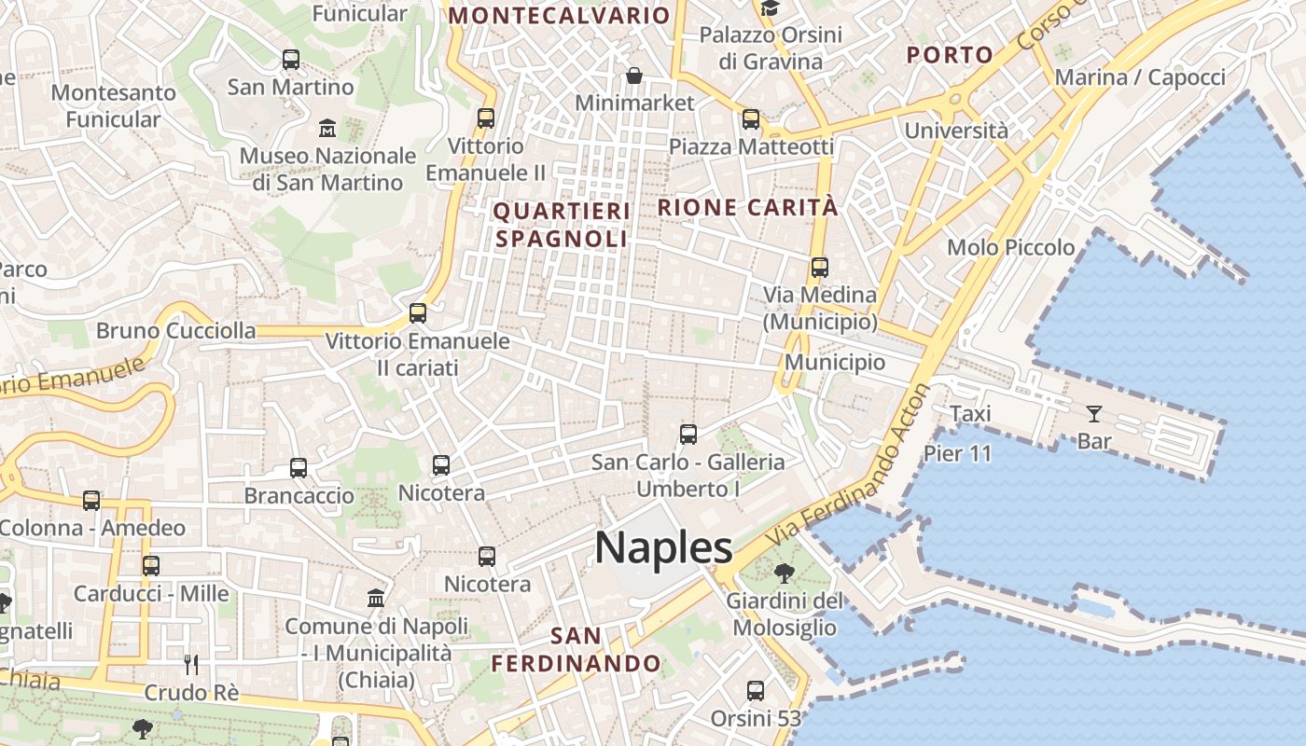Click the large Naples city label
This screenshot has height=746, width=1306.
pyautogui.click(x=663, y=547)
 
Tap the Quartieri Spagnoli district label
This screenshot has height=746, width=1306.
pyautogui.click(x=562, y=225)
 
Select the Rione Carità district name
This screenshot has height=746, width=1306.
pyautogui.click(x=748, y=207)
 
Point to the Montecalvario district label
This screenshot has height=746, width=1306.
pyautogui.click(x=560, y=16)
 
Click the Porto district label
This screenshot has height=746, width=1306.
pyautogui.click(x=950, y=55)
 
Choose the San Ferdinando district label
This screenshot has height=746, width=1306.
pyautogui.click(x=576, y=650)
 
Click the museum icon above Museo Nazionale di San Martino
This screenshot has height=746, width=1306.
pyautogui.click(x=327, y=128)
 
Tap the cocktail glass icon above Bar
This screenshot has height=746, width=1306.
pyautogui.click(x=1094, y=413)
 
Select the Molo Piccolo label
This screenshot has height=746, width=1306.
pyautogui.click(x=1010, y=247)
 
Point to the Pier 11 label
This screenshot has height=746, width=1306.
pyautogui.click(x=957, y=453)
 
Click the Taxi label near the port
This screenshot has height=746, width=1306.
pyautogui.click(x=970, y=413)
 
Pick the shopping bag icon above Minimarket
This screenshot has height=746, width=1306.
pyautogui.click(x=634, y=76)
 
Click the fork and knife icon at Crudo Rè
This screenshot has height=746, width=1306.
pyautogui.click(x=191, y=665)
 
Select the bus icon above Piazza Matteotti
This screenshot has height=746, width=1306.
pyautogui.click(x=751, y=119)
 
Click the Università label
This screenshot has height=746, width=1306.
pyautogui.click(x=956, y=130)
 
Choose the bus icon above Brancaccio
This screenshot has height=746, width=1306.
pyautogui.click(x=299, y=468)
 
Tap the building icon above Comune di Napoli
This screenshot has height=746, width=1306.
pyautogui.click(x=376, y=598)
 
